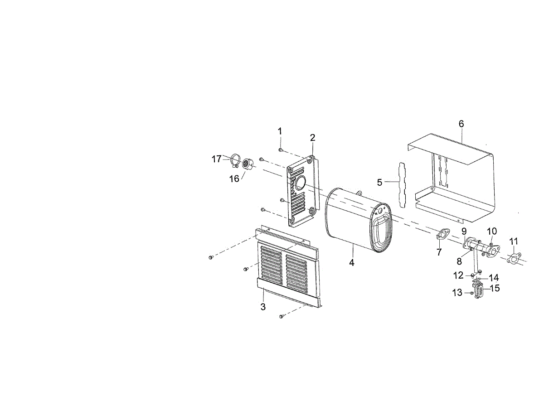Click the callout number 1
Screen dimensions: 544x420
280,131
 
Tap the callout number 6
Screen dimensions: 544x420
461,124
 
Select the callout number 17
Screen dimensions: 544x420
217,159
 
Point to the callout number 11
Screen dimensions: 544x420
514,241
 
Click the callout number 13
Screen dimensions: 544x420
457,293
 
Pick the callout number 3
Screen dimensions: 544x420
263,307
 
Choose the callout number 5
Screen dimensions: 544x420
380,183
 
